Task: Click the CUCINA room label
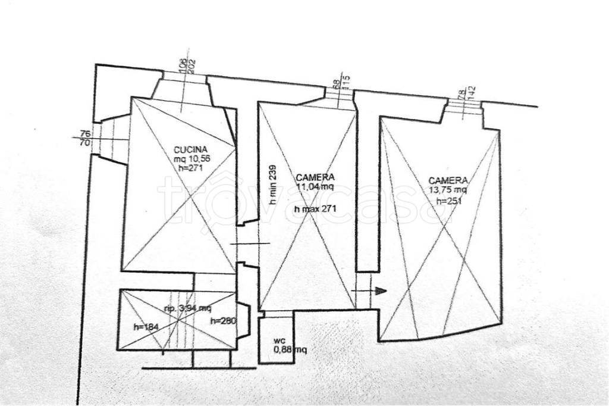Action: [191, 149]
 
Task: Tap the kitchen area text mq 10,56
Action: [192, 158]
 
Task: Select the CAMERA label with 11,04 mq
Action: [315, 177]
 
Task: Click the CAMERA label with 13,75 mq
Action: [448, 180]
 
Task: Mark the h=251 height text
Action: [449, 201]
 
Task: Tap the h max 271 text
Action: [312, 209]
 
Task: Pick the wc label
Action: [278, 341]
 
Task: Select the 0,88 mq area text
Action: [290, 349]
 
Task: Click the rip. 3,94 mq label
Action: [188, 308]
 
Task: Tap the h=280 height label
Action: [224, 321]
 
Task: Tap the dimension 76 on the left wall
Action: [84, 133]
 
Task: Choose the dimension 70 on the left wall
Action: [84, 143]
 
